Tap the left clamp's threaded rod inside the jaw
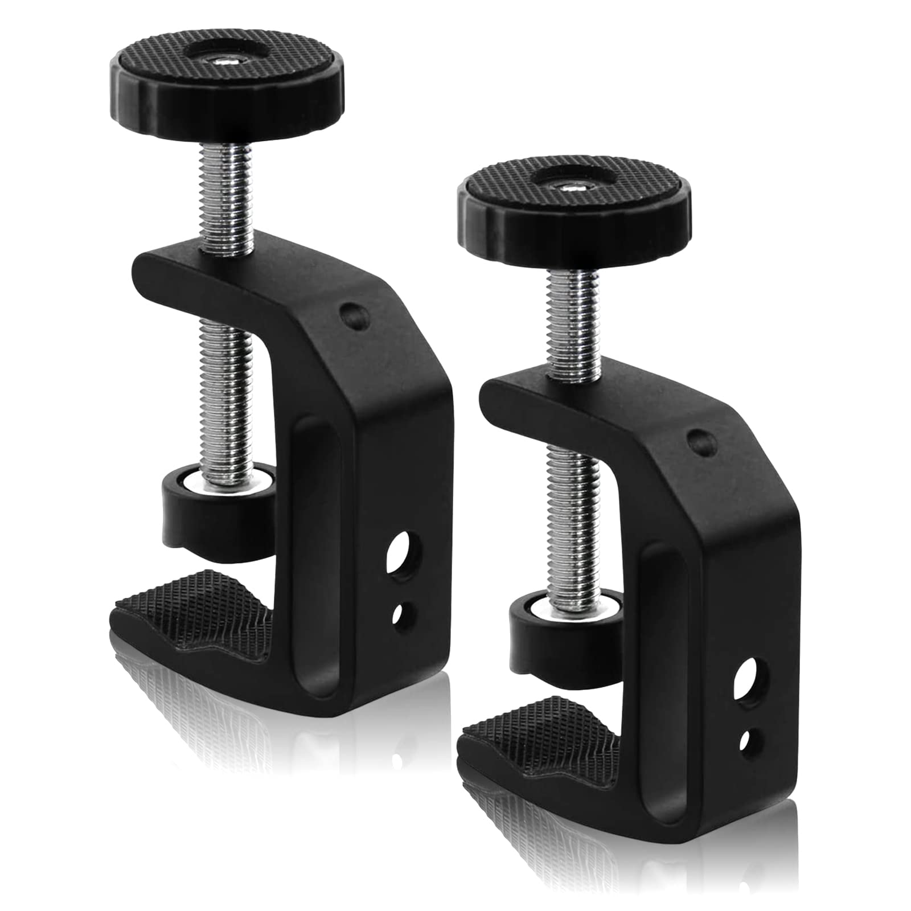228,387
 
